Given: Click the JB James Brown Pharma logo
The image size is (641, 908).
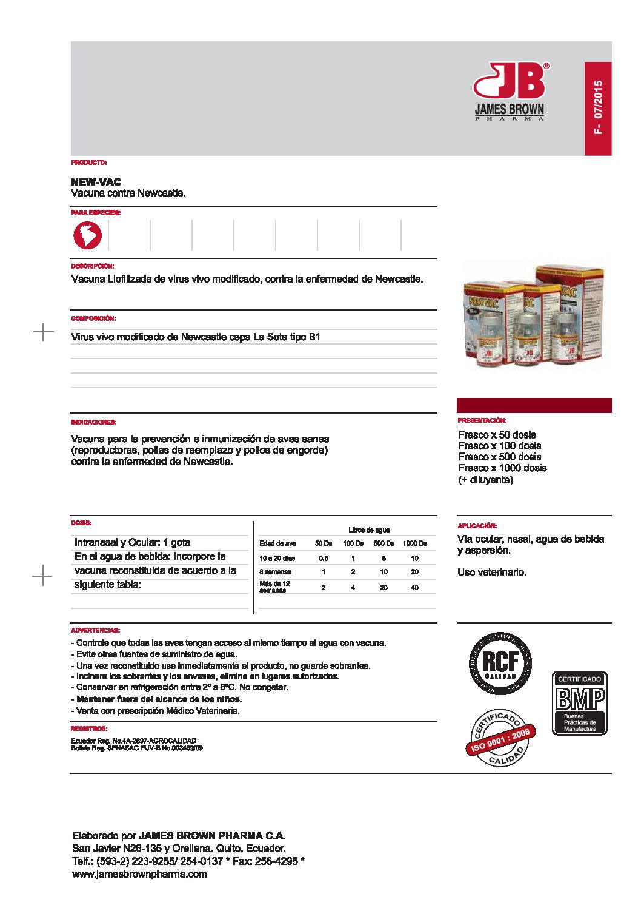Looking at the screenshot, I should (510, 91).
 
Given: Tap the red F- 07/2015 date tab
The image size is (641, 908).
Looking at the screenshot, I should (598, 109).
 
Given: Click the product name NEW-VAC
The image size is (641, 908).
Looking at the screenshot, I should (96, 182).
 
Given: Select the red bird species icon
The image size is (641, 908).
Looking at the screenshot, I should (88, 235).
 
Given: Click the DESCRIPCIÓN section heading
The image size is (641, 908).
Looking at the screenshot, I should (92, 266).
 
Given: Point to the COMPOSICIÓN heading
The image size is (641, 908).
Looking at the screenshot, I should (93, 318).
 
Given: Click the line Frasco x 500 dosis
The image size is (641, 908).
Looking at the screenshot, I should (499, 457).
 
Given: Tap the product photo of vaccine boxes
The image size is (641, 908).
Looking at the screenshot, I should (533, 317).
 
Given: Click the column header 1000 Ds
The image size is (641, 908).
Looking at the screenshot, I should (414, 543).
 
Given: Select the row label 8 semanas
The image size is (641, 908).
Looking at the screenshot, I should (275, 572).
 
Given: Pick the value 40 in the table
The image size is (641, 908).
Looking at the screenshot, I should (414, 588).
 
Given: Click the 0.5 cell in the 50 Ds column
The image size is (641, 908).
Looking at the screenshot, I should (324, 559).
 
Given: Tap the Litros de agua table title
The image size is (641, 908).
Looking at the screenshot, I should (368, 530).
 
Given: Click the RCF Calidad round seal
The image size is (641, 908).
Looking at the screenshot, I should (500, 663).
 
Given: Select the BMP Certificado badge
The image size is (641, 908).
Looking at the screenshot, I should (579, 703).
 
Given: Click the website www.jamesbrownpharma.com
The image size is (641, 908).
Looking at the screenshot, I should (139, 874).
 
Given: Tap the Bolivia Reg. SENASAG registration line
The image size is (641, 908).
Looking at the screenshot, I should (137, 748).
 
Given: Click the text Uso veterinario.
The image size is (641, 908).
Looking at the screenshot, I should (492, 573).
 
